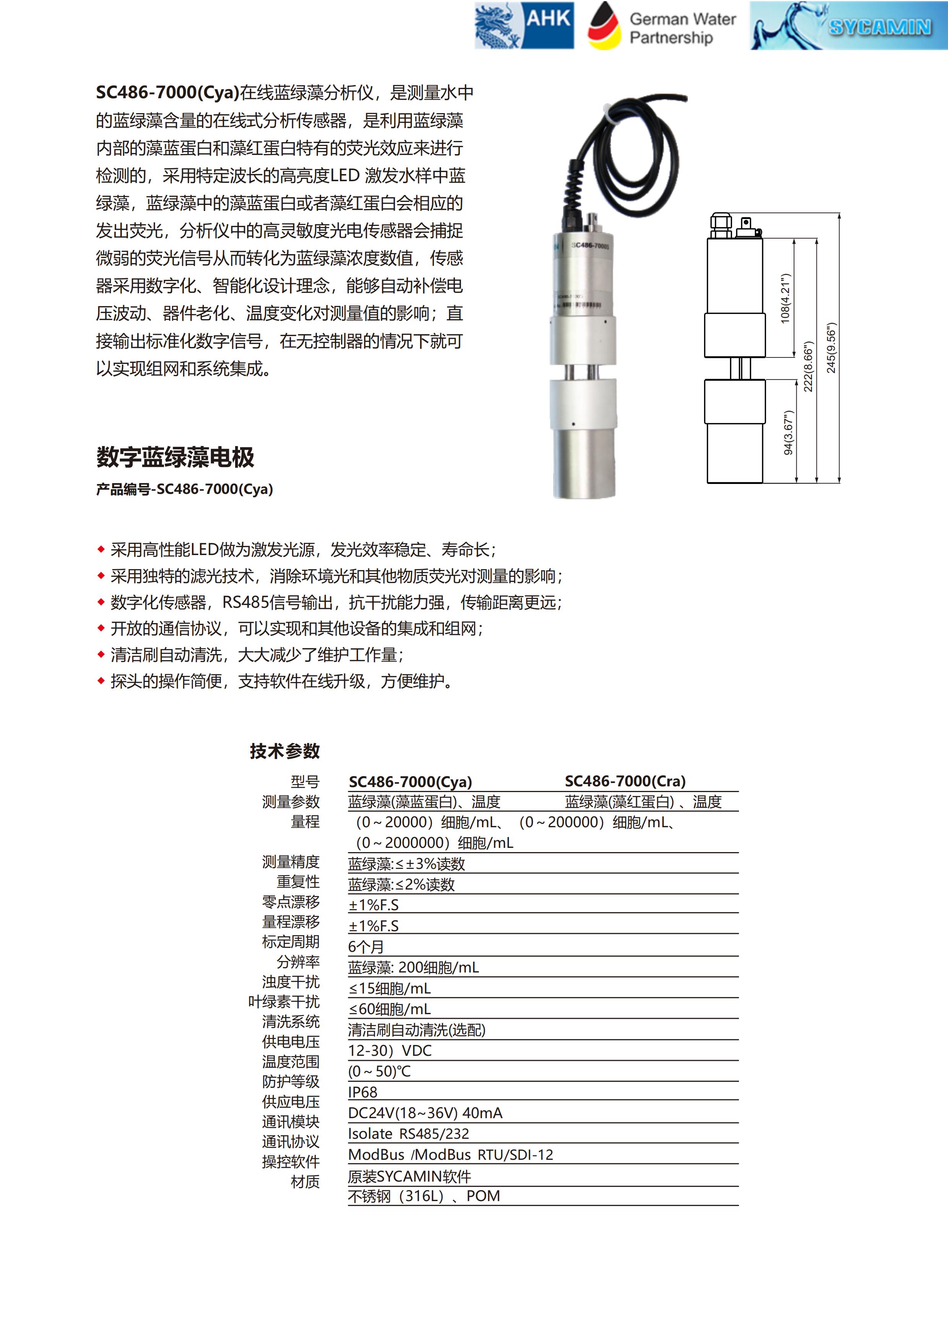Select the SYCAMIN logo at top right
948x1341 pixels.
tap(848, 25)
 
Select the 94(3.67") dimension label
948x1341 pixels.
tap(788, 432)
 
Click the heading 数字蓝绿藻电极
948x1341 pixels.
tap(175, 457)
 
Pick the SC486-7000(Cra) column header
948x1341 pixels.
tap(625, 781)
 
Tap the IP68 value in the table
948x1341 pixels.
tap(363, 1092)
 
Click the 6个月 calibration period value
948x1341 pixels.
tap(366, 947)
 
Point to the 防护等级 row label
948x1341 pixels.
tap(291, 1082)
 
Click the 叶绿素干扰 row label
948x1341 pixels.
tap(284, 1002)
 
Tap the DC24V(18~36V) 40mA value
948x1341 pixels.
tap(425, 1113)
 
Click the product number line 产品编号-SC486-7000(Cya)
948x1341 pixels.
tap(185, 489)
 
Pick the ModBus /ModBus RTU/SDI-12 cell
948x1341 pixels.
tap(450, 1155)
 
